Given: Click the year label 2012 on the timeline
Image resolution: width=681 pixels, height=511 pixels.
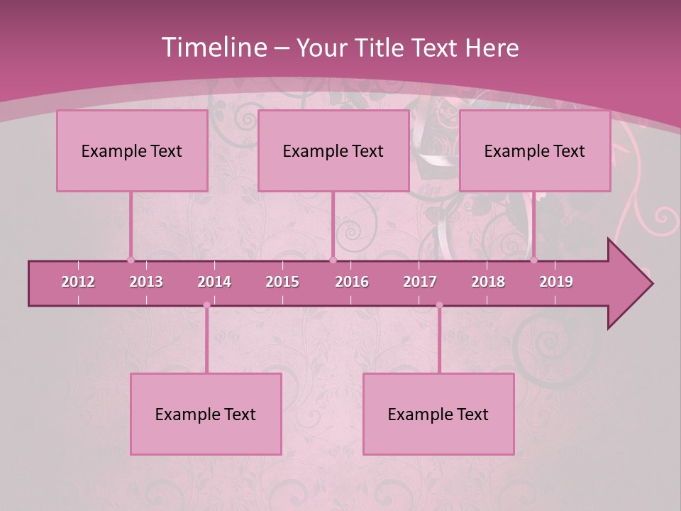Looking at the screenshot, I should tap(78, 282).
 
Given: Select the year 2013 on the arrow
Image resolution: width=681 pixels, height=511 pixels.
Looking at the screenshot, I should tap(146, 282).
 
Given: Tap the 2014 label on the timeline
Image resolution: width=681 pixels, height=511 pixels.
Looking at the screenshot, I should tap(214, 282).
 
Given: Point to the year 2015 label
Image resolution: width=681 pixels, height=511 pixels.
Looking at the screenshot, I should tap(282, 282).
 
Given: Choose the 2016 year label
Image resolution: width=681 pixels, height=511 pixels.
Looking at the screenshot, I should tap(352, 282).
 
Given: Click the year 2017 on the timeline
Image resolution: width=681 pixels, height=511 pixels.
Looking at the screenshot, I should tap(420, 282).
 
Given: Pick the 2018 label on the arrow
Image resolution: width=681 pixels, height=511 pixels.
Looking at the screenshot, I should tap(488, 282).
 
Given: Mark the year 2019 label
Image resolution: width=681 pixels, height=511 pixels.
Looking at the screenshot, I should tap(556, 282).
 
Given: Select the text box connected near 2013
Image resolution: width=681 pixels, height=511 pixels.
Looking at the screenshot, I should tap(132, 151).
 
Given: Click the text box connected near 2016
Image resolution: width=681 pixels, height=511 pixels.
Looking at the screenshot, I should tap(333, 151).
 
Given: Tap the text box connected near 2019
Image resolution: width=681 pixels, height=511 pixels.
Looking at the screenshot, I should tap(535, 151).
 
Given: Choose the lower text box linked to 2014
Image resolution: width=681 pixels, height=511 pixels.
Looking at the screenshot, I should tap(206, 414).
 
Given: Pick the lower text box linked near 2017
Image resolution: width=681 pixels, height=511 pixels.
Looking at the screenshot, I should tap(438, 414).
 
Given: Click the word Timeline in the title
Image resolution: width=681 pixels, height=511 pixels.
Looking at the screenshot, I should tap(214, 48).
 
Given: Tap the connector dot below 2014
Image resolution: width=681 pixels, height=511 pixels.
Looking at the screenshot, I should tap(206, 305).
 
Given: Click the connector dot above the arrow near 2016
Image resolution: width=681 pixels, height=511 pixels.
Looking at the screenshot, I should tap(333, 260).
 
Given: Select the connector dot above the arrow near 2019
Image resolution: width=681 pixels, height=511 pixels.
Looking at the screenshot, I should tap(534, 260).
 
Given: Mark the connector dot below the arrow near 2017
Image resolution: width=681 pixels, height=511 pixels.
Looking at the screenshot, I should tap(439, 305).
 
